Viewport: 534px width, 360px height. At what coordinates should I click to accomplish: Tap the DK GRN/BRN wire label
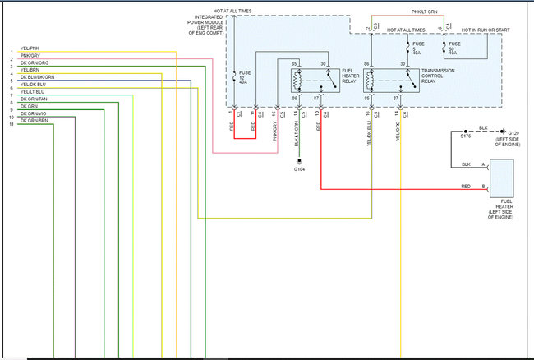[x=32, y=121]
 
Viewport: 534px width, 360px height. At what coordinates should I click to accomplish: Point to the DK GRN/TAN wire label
[x=32, y=99]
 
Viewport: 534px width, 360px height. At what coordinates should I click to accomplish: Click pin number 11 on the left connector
[x=11, y=123]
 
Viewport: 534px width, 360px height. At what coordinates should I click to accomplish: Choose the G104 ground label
[x=300, y=169]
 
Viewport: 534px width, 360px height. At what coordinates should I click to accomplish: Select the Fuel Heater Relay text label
[x=350, y=76]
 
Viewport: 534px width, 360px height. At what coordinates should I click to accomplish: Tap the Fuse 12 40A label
[x=242, y=77]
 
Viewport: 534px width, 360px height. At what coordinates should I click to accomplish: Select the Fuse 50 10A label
[x=454, y=47]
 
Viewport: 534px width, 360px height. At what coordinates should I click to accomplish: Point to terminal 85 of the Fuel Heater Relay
[x=295, y=63]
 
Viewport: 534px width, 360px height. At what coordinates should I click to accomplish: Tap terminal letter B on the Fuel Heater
[x=483, y=188]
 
